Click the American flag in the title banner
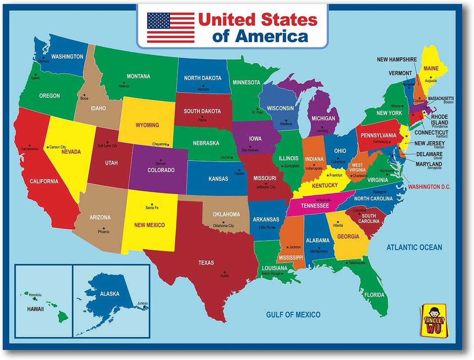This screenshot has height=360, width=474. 170,27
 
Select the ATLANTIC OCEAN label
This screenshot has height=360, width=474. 414,248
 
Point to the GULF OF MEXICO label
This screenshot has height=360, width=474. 293,314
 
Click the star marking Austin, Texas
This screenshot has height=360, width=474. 225,272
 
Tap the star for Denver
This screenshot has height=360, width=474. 161,160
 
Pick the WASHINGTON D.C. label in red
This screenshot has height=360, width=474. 429,187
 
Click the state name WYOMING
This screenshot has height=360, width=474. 147,125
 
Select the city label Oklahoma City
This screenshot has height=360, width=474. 223,226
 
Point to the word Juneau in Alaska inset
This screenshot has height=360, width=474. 143,303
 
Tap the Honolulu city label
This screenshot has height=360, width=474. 35,295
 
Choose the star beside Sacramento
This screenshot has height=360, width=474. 30,145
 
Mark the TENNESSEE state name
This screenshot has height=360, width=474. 315,206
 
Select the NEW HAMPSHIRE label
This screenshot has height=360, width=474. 397,59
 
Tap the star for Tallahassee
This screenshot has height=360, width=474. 347,263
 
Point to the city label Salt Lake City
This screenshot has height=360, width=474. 108,145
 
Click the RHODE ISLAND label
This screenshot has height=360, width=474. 439,120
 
